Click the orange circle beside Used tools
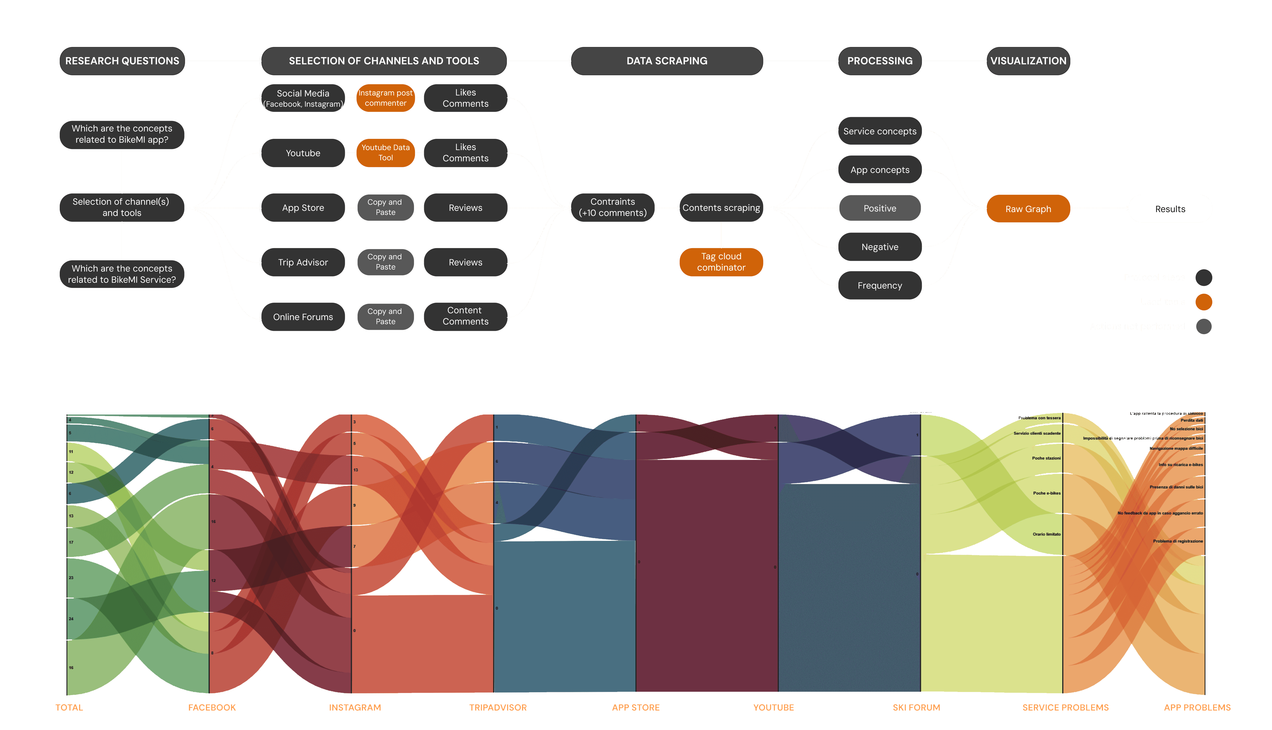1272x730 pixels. pos(1203,302)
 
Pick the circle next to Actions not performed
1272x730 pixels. pos(1203,326)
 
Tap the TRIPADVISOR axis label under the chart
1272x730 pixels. pos(498,708)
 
